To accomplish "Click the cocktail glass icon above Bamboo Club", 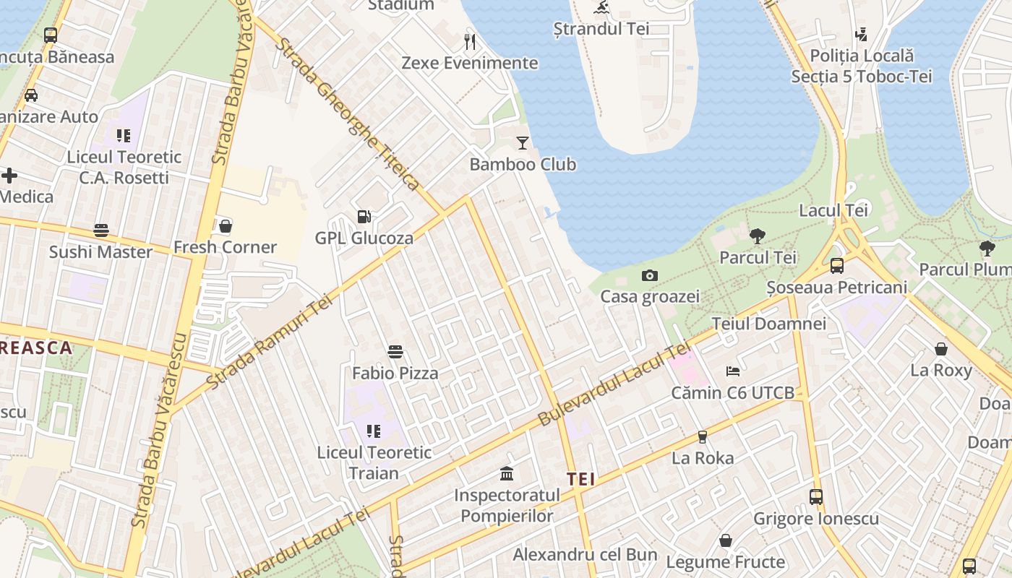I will coord(523,143).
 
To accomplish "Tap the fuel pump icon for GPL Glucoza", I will coord(364,216).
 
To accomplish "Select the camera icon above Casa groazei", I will coord(649,275).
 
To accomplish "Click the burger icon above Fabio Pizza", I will coord(395,352).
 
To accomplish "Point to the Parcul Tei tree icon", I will coord(758,236).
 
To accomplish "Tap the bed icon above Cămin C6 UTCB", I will coord(733,371).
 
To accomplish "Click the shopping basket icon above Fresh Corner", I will coord(226,226).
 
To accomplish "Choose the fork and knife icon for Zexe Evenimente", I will coord(470,41).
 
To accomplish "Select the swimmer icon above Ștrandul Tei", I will coord(601,8).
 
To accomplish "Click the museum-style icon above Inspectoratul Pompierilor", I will coord(507,474).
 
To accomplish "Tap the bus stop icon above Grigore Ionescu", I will coord(816,497).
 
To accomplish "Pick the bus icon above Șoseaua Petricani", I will coord(836,265).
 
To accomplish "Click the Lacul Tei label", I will coord(833,210).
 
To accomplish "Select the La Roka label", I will coord(703,458).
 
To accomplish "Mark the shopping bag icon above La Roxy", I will coord(941,350).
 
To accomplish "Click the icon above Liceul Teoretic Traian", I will coord(373,431).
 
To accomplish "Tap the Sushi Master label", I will coord(100,252).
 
